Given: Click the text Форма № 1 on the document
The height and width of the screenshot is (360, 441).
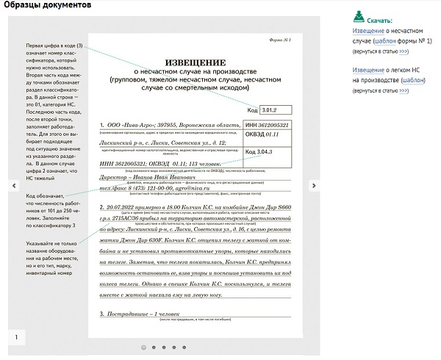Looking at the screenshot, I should tap(281, 38).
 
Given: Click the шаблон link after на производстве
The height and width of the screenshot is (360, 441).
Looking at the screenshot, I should tap(413, 79).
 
